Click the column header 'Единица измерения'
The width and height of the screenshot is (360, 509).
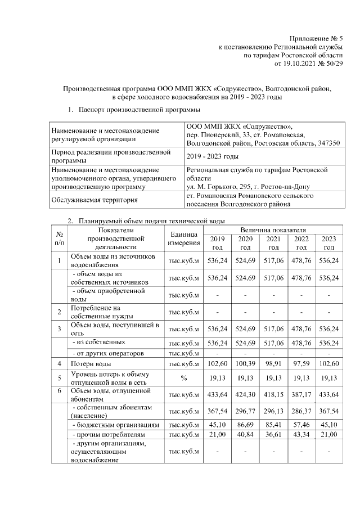tap(183, 238)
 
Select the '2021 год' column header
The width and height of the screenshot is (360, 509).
tap(273, 243)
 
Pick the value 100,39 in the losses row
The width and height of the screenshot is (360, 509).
tap(245, 364)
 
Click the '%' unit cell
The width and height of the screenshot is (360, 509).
tap(183, 379)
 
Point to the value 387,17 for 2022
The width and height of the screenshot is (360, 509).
tap(301, 394)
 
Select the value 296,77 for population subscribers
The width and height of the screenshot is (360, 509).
tap(245, 410)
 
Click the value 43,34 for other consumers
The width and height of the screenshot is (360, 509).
tap(301, 435)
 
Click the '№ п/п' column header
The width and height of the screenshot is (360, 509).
tap(59, 238)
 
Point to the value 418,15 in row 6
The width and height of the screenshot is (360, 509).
tap(273, 394)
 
